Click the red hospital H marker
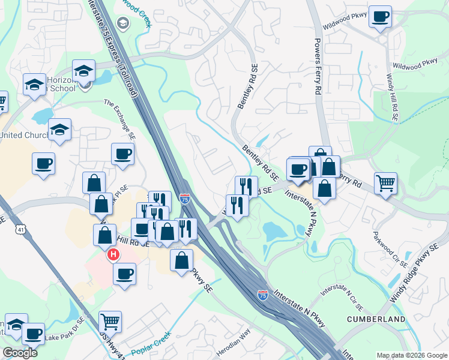[112, 256]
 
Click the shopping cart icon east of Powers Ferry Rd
[385, 183]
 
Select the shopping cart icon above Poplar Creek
[110, 321]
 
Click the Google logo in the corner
[19, 353]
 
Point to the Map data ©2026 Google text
[412, 355]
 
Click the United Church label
[24, 135]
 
